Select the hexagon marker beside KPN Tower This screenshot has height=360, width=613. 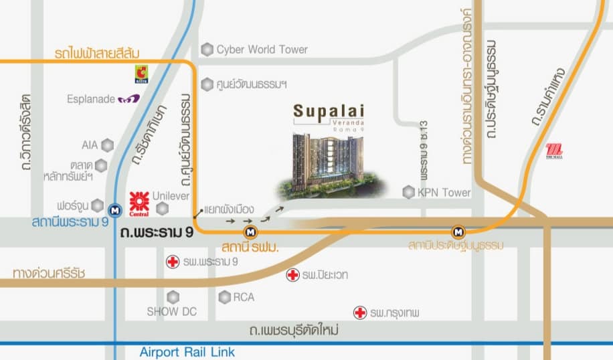pos(408,193)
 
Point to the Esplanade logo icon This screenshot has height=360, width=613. pos(128,98)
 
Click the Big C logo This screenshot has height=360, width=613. pos(141,72)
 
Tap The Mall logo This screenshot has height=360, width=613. pos(554,151)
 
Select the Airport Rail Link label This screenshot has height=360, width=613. pos(187,352)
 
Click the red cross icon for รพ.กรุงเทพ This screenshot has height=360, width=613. pos(360,312)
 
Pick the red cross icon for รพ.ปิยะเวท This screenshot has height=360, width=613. pos(292,274)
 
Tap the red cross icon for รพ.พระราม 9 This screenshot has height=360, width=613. pos(173,262)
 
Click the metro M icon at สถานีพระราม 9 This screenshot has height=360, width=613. pos(116,210)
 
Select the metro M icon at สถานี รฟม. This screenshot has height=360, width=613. pos(251,232)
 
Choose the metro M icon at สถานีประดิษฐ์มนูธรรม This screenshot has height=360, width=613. pos(458,232)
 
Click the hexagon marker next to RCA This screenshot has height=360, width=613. pos(225,296)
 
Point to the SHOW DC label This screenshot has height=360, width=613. pos(172,311)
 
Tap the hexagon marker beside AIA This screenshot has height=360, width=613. pos(107,145)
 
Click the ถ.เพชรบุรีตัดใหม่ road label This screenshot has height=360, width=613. pos(294,331)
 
